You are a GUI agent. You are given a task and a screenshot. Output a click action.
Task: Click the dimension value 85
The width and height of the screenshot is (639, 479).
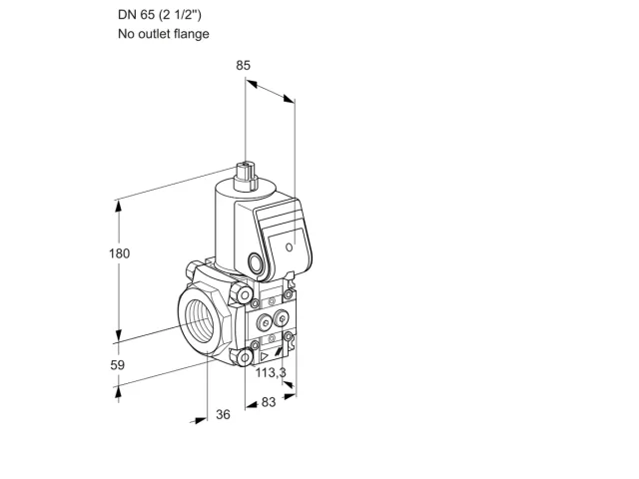coord(243,65)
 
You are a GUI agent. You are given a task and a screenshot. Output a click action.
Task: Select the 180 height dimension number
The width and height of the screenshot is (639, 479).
coord(119,253)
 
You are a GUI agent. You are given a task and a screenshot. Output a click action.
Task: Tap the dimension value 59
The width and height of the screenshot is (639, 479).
coord(118,365)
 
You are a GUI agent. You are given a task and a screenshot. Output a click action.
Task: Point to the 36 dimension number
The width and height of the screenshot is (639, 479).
coord(223,414)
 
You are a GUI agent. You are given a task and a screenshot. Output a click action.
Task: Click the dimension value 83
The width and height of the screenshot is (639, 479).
coord(269,402)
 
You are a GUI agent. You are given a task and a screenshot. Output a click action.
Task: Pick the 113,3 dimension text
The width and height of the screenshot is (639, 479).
coord(271,372)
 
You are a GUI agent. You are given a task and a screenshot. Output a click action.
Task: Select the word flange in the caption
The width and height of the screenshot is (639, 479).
coord(191,33)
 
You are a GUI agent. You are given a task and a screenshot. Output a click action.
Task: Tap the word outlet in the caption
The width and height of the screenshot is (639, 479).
coord(155,33)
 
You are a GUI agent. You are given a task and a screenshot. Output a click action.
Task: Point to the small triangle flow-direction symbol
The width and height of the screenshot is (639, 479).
coord(264,356)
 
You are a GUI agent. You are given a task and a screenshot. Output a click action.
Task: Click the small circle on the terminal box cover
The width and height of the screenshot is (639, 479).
coord(289,246)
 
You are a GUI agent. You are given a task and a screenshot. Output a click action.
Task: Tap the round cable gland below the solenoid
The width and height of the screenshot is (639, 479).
coord(256,263)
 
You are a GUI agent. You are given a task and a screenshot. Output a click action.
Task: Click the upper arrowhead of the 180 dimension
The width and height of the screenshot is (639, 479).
coord(119,207)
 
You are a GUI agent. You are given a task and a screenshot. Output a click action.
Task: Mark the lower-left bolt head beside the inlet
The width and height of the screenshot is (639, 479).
coord(244,357)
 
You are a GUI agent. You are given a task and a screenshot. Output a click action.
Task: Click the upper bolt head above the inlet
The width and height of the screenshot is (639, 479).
coord(242,293)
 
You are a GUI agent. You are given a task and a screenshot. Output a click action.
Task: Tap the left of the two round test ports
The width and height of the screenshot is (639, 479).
coord(265,322)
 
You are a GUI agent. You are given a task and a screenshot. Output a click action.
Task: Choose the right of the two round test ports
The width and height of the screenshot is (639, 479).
coord(282,318)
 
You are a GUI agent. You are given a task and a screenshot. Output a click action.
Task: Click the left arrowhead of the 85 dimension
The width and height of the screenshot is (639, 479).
coord(252,84)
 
